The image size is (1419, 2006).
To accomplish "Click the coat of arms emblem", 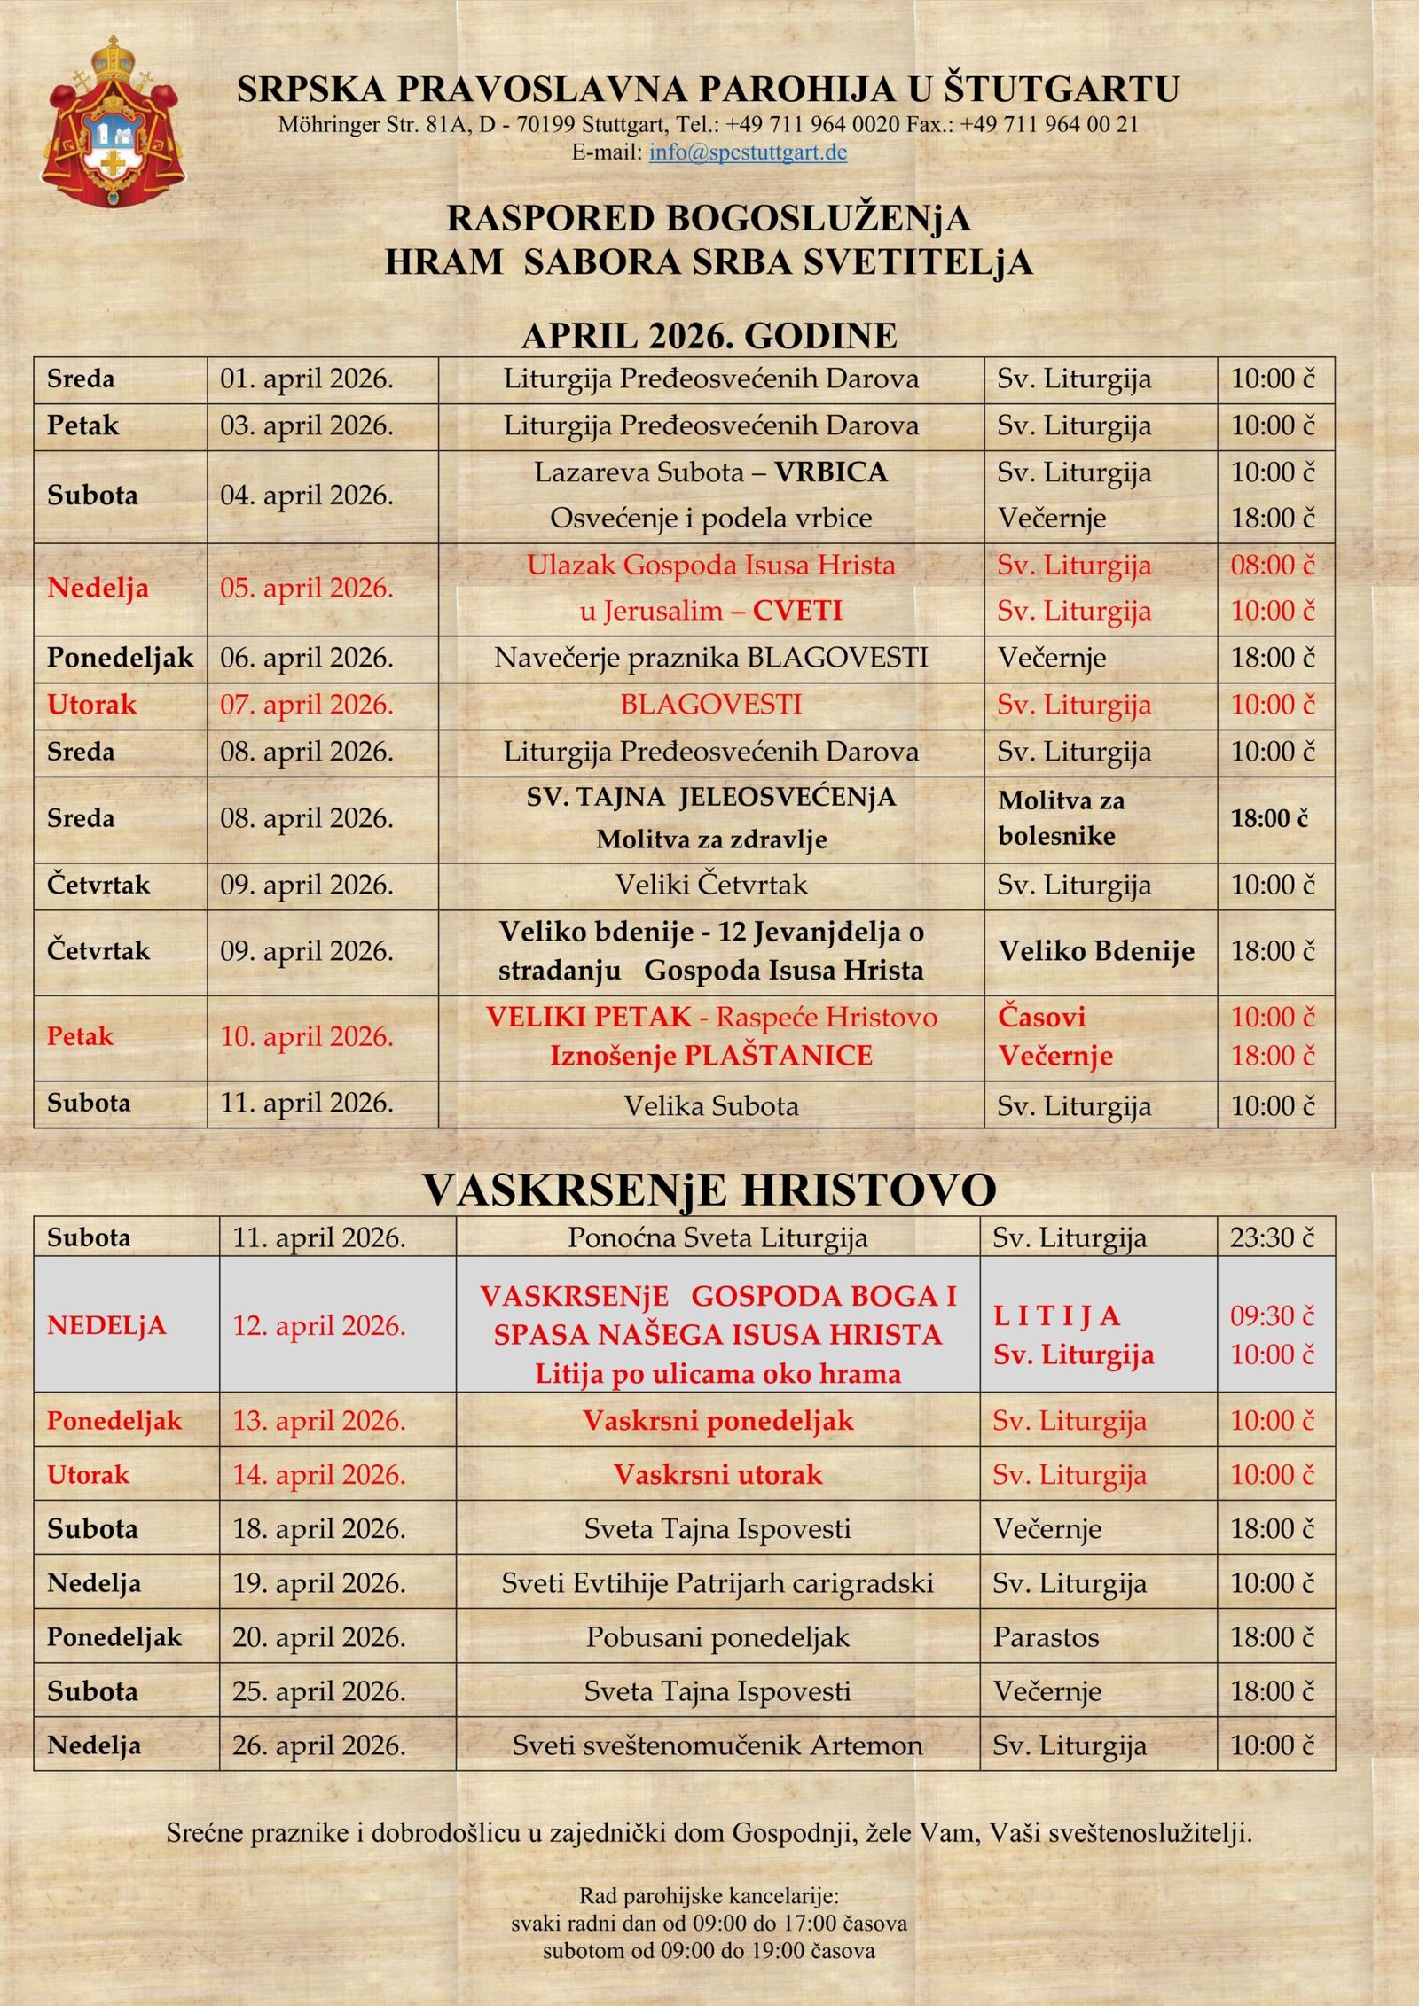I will [x=113, y=122].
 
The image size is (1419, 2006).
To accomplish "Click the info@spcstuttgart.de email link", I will [x=748, y=152].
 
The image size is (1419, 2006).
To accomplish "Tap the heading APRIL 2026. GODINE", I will [x=709, y=336].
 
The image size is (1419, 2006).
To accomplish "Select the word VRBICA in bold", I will [x=830, y=472].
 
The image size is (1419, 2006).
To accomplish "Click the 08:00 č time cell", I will [x=1273, y=566].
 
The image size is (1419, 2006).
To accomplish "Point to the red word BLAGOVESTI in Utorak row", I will [x=710, y=705].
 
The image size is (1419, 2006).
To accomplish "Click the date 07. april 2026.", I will [x=307, y=705].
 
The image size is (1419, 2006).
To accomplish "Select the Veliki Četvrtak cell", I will [x=711, y=885].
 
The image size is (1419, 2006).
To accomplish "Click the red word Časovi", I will [x=1041, y=1017].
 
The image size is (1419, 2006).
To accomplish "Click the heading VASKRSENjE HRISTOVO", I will [x=709, y=1190].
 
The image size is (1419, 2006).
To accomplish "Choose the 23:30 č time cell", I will [x=1273, y=1237].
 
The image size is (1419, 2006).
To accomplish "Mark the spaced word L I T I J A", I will [x=1056, y=1316].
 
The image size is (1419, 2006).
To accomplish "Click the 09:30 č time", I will [x=1273, y=1316].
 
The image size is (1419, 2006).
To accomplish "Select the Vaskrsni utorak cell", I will [x=717, y=1474].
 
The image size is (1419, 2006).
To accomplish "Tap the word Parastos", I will [x=1046, y=1637].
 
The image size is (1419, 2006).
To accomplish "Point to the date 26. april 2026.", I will [x=319, y=1745].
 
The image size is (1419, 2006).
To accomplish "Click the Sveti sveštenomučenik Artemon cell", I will [x=717, y=1745].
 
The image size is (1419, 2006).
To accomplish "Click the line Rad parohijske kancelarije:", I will [x=709, y=1897].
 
